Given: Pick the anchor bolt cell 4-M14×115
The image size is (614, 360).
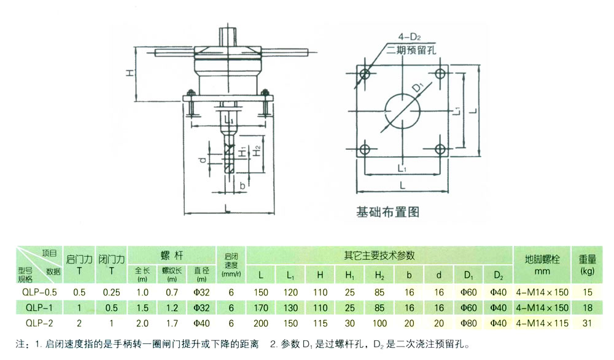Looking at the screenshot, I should pos(542,322).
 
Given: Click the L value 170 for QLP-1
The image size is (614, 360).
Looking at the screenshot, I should pos(262,307).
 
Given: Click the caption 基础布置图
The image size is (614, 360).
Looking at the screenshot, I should pos(387,212).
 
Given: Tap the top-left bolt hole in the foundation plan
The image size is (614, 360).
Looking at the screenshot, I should pos(366,75).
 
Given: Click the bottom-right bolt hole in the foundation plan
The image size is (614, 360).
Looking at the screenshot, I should pos(440,149).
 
